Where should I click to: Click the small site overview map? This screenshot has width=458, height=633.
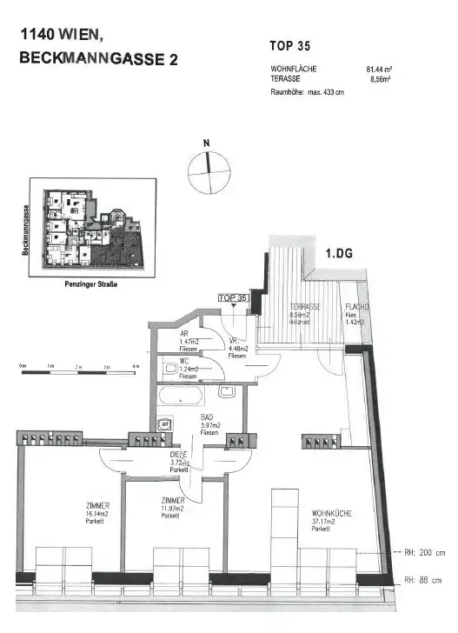[x=92, y=225]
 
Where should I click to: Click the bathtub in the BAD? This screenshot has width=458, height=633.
[x=181, y=397]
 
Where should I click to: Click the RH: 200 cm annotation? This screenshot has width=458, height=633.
[x=424, y=552]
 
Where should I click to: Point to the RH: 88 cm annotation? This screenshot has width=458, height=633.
[x=424, y=580]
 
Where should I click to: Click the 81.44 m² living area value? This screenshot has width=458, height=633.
[x=379, y=68]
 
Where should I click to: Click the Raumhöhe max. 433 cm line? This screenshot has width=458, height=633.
[x=308, y=91]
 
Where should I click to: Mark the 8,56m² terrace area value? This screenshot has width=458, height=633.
[x=380, y=78]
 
